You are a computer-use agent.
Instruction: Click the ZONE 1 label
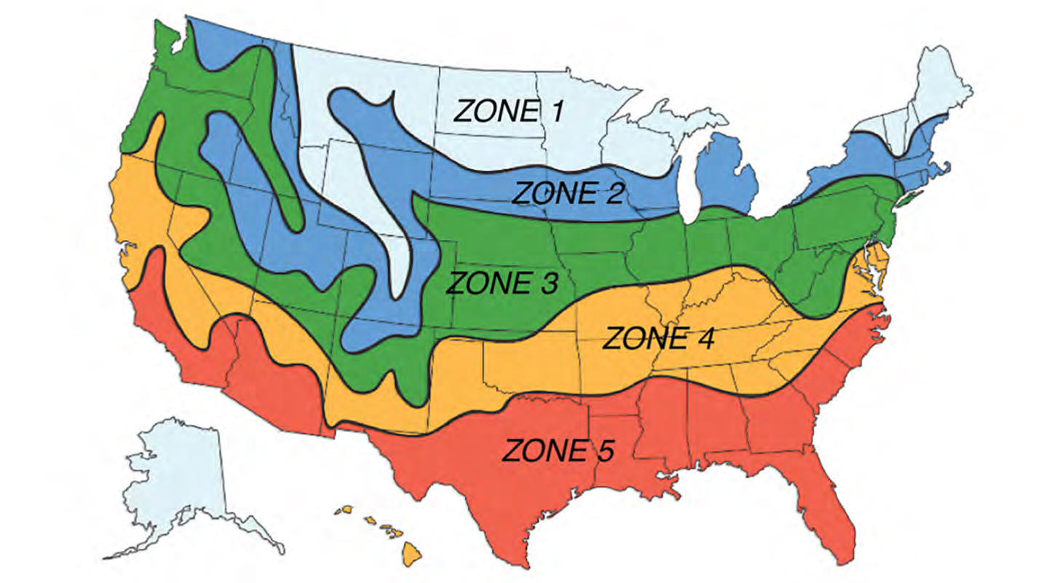508,111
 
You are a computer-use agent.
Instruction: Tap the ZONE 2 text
569,194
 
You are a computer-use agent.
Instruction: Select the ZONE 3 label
503,283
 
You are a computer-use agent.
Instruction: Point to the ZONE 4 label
660,339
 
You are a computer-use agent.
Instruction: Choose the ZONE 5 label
558,451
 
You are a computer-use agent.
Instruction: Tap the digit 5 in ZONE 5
603,451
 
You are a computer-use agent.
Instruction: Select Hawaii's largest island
412,555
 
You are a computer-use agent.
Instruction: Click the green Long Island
911,199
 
